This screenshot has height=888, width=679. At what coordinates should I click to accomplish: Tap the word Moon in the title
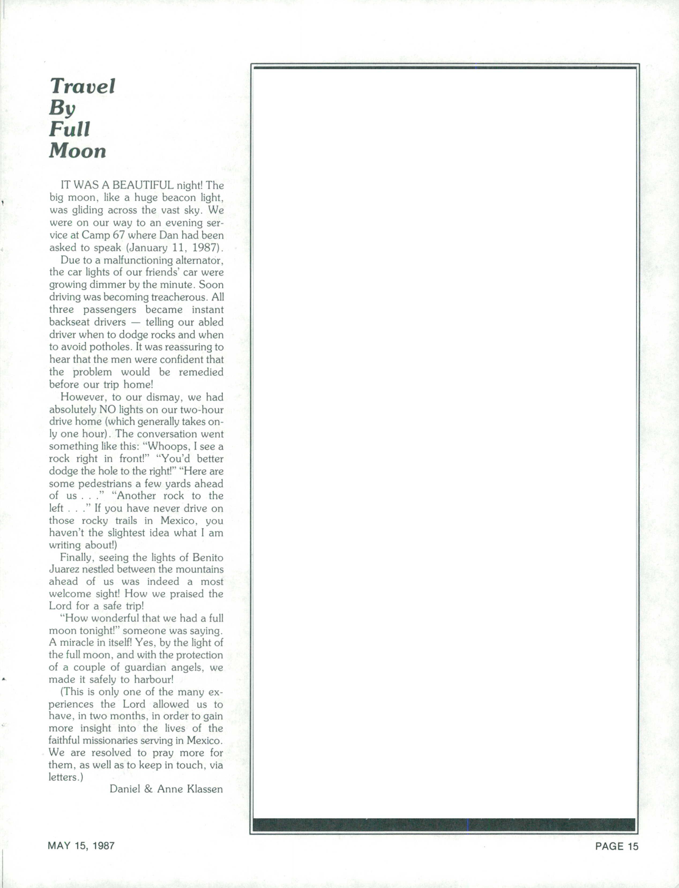pyautogui.click(x=78, y=151)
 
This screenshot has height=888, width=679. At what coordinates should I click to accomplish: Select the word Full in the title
pyautogui.click(x=69, y=129)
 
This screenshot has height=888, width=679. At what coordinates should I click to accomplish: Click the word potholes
pyautogui.click(x=107, y=347)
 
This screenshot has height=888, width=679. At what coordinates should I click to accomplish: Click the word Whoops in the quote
pyautogui.click(x=167, y=447)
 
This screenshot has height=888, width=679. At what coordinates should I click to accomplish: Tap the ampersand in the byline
pyautogui.click(x=148, y=789)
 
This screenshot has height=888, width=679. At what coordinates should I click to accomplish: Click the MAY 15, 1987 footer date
pyautogui.click(x=81, y=846)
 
